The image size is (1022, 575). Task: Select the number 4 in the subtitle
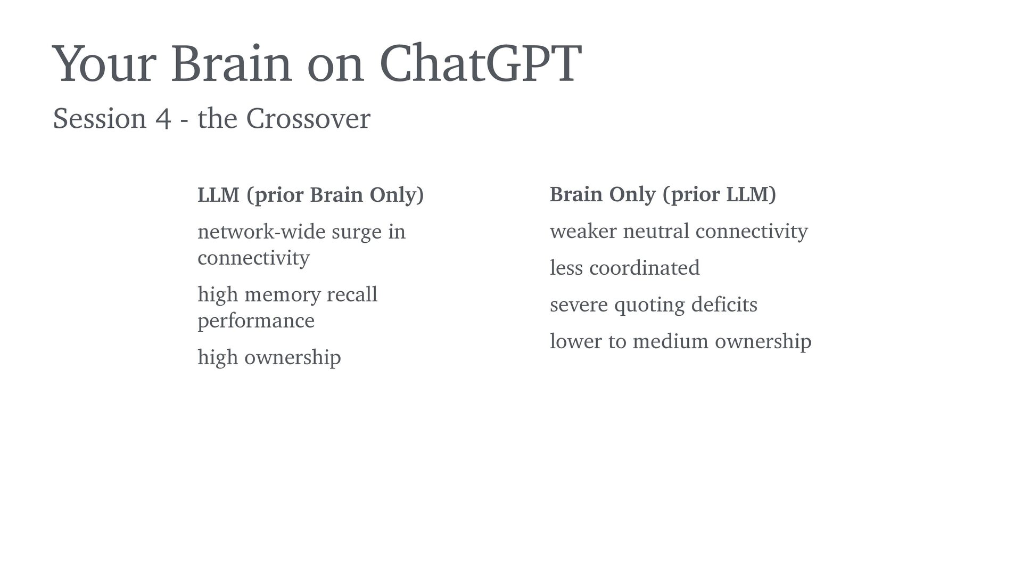[x=163, y=119]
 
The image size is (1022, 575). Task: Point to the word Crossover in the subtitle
[x=308, y=118]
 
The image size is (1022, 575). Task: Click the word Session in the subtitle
[x=100, y=118]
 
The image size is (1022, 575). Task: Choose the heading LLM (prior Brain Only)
[x=311, y=195]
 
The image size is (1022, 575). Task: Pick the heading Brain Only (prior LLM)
[x=663, y=195]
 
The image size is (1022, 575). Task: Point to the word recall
[x=352, y=294]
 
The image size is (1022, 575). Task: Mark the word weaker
[x=582, y=231]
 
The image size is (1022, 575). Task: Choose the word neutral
[x=656, y=231]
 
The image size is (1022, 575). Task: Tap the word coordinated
[x=645, y=268]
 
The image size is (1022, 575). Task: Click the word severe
[x=579, y=305]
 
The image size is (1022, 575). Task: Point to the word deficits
[x=724, y=305]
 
